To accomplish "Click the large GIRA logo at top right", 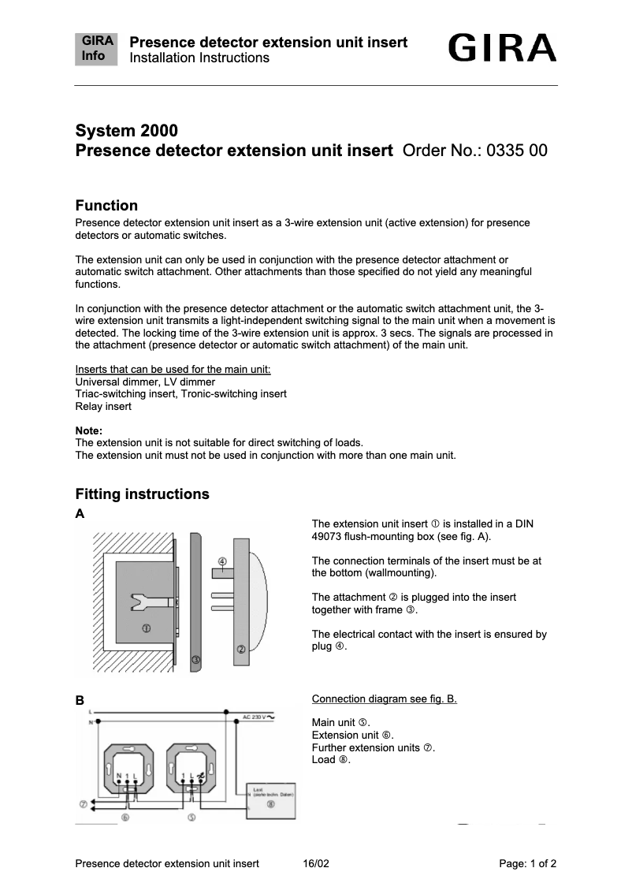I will (502, 49).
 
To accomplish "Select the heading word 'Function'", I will (106, 206).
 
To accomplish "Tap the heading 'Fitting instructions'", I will (142, 494).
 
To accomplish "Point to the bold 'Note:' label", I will (88, 430).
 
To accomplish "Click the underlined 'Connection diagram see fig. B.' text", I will (384, 699).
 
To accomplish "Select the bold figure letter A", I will (80, 514).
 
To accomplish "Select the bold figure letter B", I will (80, 700).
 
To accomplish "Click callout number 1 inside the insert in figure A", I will (147, 628).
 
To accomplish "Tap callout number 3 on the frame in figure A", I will (195, 659).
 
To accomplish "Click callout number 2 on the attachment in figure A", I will (241, 650).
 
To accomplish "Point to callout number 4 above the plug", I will (222, 562).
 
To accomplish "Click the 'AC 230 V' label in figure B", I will (256, 717).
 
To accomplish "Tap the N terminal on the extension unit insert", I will (119, 777).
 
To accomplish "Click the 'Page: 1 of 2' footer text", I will (527, 864).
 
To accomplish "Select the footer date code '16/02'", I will (315, 864).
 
